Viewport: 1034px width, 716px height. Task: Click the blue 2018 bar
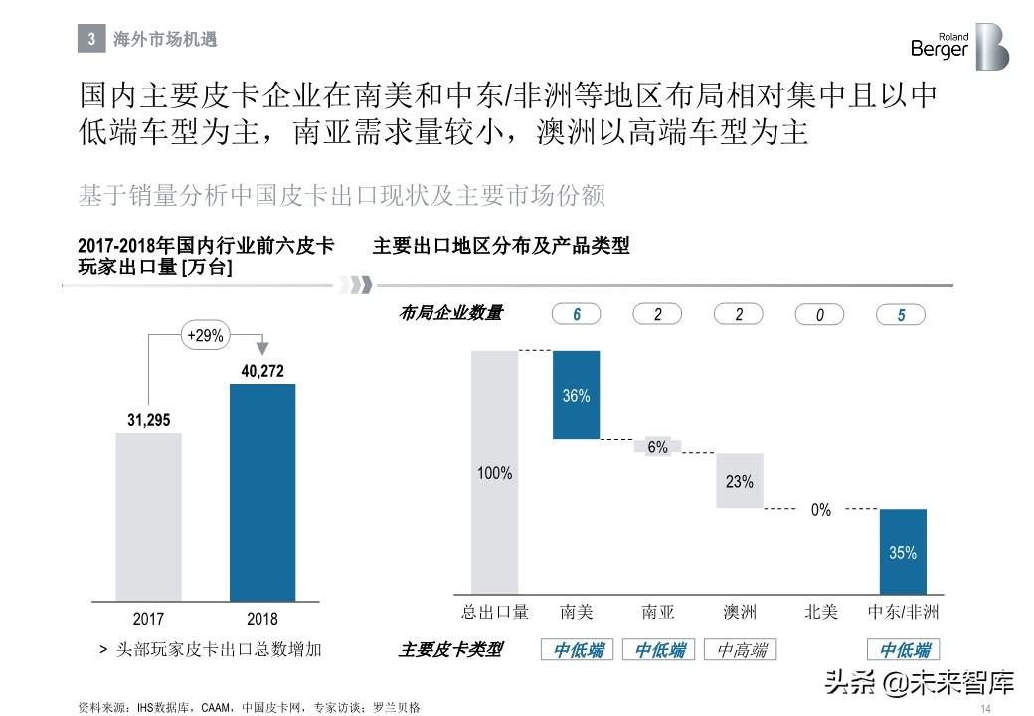point(262,491)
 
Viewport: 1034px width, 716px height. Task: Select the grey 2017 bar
point(149,515)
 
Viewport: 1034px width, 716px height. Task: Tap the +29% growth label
point(206,336)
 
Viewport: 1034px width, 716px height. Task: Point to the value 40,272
point(262,371)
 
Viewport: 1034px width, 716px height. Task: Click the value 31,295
point(149,420)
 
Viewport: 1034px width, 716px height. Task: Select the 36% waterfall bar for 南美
point(576,395)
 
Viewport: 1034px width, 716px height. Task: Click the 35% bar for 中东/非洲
point(903,552)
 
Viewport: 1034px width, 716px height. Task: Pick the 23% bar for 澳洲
point(739,481)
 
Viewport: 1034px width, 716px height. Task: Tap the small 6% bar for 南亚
point(658,447)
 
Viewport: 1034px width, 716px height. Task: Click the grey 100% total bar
point(494,473)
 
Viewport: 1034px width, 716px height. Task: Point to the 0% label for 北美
point(820,510)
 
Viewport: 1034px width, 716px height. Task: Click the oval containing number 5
point(901,315)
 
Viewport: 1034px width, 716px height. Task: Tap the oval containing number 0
point(820,315)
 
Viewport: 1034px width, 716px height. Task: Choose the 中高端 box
point(740,650)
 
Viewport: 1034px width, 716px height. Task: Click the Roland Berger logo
point(958,46)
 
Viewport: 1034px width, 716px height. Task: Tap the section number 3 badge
point(90,40)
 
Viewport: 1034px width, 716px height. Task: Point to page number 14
point(986,707)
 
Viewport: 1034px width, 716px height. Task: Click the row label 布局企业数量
point(450,314)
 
